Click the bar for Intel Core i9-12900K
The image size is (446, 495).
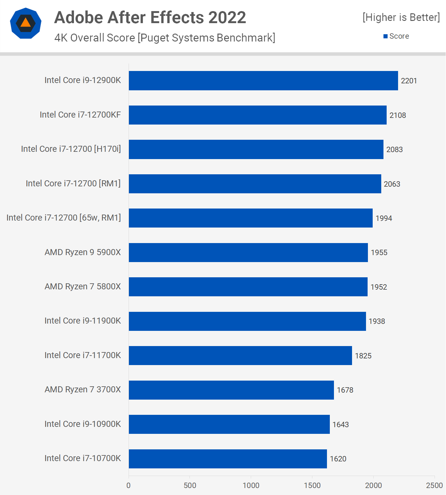(x=263, y=80)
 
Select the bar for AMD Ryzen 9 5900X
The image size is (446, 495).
(x=248, y=253)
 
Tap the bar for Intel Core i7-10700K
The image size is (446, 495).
(x=228, y=459)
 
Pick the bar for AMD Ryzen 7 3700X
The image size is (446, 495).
(x=231, y=390)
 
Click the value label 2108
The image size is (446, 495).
(x=397, y=115)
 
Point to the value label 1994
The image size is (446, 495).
(x=383, y=218)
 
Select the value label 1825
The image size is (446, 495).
(x=363, y=356)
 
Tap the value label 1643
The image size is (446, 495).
(x=340, y=425)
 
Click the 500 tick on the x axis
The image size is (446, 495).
(x=190, y=485)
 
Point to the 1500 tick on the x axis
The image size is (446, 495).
(x=312, y=485)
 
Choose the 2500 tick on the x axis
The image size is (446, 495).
(x=434, y=485)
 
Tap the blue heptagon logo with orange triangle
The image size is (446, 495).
(x=26, y=23)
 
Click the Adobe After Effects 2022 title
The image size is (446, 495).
(x=150, y=17)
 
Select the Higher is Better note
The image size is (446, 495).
(x=401, y=17)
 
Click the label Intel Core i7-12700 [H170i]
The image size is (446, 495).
(x=71, y=149)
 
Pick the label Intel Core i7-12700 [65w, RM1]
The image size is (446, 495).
(x=63, y=218)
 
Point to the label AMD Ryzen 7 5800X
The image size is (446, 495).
(x=83, y=286)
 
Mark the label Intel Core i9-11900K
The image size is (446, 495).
(x=83, y=321)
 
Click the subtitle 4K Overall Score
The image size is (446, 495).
(x=164, y=38)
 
